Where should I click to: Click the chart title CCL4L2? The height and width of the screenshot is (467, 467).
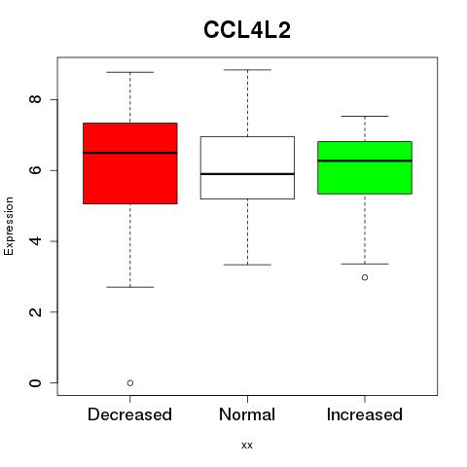coord(247,30)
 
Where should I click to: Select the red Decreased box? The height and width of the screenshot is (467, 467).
coord(130,163)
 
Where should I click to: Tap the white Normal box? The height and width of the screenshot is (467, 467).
coord(247,167)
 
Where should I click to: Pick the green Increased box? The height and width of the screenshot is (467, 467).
coord(365,167)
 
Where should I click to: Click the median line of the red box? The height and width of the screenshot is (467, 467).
coord(130,153)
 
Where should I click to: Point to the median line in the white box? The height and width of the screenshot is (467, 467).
coord(247,174)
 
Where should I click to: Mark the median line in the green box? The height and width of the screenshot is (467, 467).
coord(365,161)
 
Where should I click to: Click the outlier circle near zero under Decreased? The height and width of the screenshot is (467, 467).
coord(130,383)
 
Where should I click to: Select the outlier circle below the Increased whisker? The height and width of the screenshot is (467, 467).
coord(365,277)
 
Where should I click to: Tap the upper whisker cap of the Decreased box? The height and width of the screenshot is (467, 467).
coord(130,72)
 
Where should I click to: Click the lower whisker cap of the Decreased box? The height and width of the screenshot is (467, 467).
coord(130,287)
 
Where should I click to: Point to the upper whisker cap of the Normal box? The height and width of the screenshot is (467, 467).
coord(247,70)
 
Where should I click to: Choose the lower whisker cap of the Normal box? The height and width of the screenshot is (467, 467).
coord(247,265)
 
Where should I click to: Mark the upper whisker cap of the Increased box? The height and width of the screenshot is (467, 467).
coord(365,116)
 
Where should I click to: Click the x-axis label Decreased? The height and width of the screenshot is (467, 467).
coord(129,414)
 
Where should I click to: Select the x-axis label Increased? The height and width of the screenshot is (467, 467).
coord(365,414)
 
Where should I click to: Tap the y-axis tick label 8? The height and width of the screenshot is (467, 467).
coord(35,99)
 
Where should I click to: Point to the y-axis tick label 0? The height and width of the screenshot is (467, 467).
coord(35,382)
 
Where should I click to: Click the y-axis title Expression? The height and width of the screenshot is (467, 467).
coord(9,226)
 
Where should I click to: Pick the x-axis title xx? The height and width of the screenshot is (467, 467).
coord(247,446)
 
